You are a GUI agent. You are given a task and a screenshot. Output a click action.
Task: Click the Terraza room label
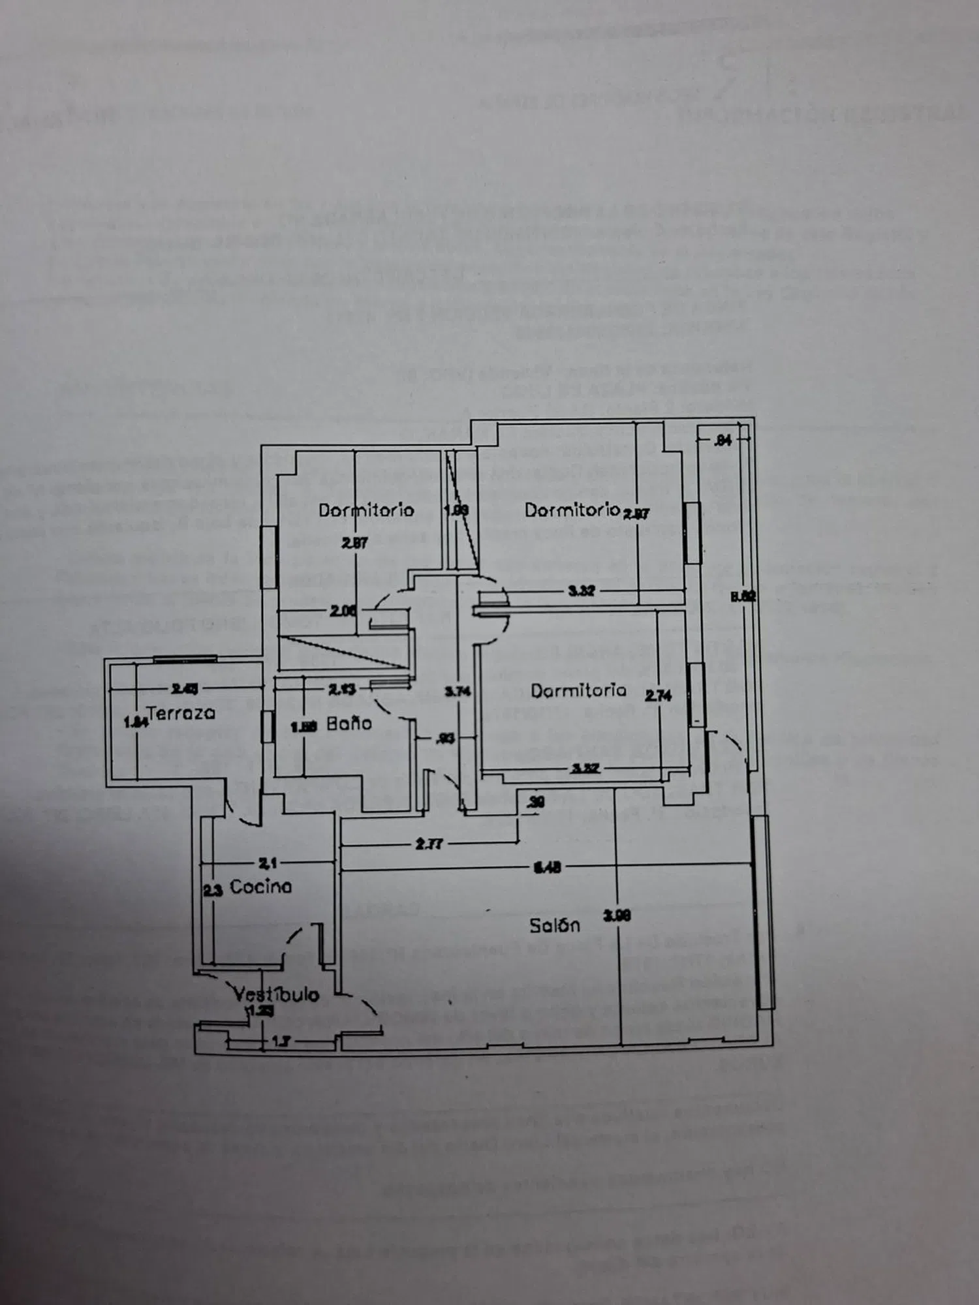[181, 713]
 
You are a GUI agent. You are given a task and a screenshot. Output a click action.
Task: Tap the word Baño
[349, 723]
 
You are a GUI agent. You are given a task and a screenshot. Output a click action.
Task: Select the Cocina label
[260, 886]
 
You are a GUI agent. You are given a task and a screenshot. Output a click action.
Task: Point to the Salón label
[554, 925]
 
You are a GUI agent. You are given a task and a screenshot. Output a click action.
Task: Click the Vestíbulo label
[276, 994]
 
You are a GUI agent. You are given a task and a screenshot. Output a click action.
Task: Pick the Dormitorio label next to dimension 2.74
[578, 690]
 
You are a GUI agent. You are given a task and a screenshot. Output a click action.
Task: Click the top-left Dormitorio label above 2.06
[365, 510]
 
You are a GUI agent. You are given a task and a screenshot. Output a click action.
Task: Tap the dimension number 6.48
[547, 867]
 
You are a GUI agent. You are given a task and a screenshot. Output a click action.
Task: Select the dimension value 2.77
[429, 844]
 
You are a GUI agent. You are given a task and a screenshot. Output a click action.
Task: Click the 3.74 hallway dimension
[458, 691]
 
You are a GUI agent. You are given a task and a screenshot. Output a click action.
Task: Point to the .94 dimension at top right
[722, 440]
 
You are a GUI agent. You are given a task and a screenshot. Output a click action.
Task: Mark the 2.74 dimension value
[658, 696]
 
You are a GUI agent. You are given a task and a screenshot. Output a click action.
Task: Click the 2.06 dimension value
[343, 611]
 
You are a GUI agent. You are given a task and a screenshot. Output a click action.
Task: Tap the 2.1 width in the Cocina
[268, 863]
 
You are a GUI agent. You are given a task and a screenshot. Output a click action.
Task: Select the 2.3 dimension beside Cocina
[213, 889]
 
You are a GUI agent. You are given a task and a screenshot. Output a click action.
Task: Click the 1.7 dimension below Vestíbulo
[281, 1041]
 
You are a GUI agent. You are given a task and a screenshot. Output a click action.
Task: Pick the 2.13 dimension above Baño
[342, 689]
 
